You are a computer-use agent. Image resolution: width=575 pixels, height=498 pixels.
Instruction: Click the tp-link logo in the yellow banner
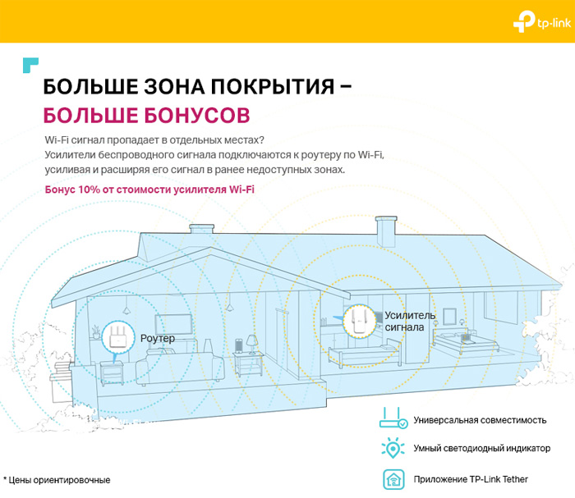[x=541, y=22]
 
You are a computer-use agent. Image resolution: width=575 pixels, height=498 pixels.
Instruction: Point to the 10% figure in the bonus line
[x=89, y=190]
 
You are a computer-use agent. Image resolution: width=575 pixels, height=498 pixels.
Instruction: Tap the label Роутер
[x=158, y=338]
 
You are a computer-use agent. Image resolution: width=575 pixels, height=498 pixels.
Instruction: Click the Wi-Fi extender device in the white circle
[x=360, y=321]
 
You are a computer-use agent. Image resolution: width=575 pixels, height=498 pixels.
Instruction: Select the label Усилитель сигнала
[x=410, y=321]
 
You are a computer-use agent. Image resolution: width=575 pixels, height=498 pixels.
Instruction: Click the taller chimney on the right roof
[x=386, y=231]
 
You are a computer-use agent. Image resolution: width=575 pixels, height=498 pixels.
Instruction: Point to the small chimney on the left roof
[x=201, y=229]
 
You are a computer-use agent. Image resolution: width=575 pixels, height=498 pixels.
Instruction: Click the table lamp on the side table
[x=252, y=344]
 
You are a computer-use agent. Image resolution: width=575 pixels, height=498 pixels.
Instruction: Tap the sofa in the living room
[x=180, y=367]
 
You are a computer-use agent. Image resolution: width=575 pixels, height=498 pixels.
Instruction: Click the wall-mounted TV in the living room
[x=173, y=324]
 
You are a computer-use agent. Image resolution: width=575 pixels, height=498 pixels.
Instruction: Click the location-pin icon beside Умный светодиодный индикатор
[x=393, y=448]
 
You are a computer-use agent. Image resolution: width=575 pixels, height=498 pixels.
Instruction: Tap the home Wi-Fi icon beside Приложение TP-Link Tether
[x=393, y=479]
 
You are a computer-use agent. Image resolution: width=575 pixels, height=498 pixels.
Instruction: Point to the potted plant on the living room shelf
[x=96, y=331]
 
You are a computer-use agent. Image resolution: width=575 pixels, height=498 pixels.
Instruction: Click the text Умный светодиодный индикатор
[x=482, y=448]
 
